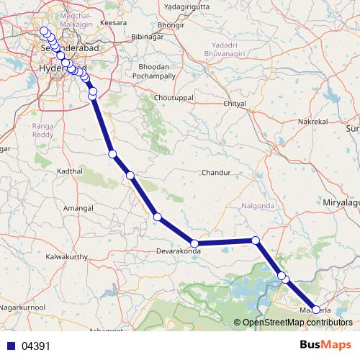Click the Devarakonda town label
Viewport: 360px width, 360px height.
click(178, 252)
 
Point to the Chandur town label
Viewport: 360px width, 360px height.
click(215, 174)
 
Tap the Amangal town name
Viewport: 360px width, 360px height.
click(79, 207)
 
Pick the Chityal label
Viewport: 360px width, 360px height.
click(235, 104)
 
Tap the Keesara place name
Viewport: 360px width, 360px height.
click(114, 23)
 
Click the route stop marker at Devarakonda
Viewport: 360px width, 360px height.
click(194, 243)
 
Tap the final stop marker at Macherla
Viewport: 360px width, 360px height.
click(316, 310)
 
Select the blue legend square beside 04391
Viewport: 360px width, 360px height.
click(9, 346)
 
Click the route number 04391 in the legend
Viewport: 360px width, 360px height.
click(36, 346)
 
